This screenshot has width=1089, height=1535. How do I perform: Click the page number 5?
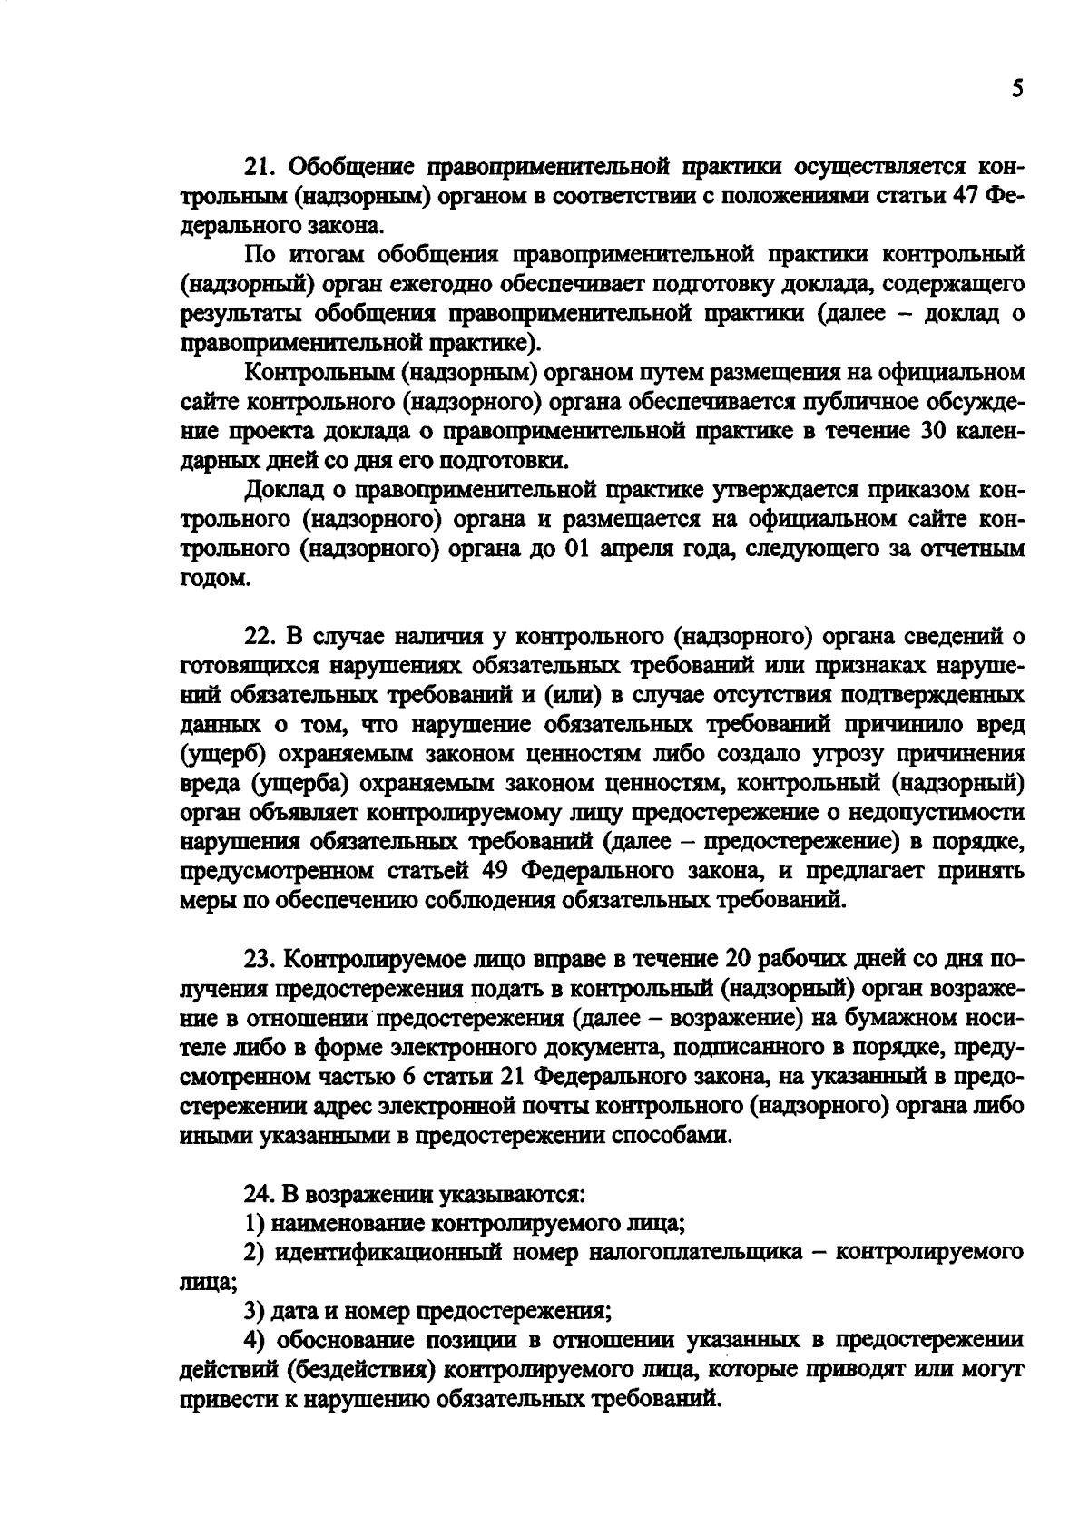click(1017, 90)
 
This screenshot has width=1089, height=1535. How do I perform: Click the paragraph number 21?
click(259, 169)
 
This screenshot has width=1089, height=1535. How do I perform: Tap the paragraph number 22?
click(260, 638)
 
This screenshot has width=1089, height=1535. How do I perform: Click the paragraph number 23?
click(260, 960)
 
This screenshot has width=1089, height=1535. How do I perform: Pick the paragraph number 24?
click(260, 1194)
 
